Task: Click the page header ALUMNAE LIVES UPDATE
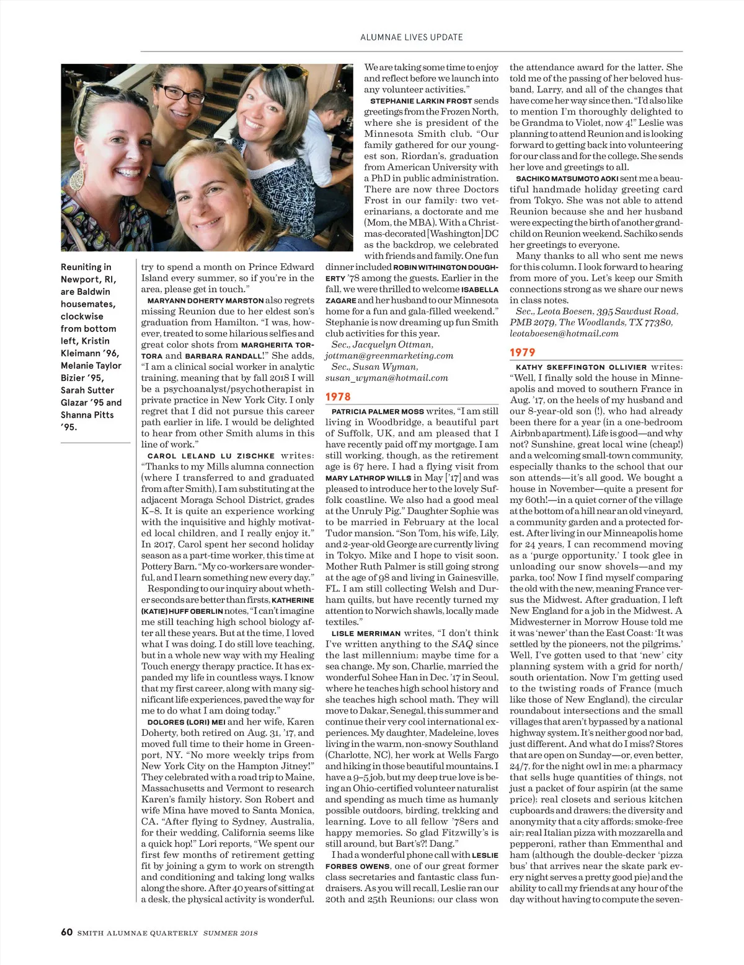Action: coord(411,37)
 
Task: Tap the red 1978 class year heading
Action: coord(338,396)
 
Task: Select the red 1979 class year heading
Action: coord(522,352)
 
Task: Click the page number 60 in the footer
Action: coord(66,932)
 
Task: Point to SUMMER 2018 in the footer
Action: coord(230,933)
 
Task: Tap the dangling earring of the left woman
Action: coord(77,179)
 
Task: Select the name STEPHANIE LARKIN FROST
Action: coord(421,101)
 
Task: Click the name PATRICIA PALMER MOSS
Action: coord(378,411)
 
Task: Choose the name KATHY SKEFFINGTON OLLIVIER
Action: coord(581,367)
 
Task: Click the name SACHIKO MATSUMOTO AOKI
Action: coord(567,178)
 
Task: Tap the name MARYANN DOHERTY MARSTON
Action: coord(205,300)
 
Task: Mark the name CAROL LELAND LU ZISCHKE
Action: coord(211,456)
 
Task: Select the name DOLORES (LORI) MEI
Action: coord(186,722)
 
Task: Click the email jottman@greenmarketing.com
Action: coord(389,356)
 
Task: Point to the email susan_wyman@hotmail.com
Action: coord(386,378)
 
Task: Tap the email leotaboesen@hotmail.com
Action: coord(564,333)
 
